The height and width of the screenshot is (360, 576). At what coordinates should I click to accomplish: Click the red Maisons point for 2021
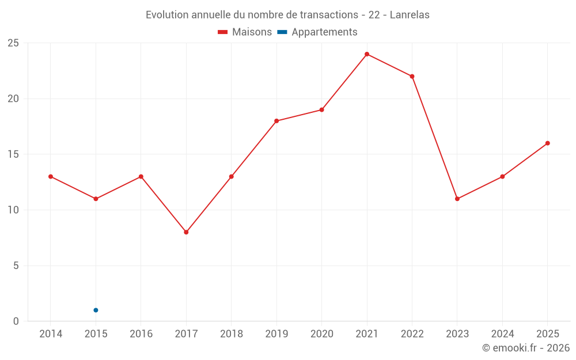pyautogui.click(x=366, y=54)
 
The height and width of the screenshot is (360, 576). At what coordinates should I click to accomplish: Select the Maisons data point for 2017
pyautogui.click(x=186, y=232)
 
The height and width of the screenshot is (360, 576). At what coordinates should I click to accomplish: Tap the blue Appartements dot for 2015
pyautogui.click(x=96, y=310)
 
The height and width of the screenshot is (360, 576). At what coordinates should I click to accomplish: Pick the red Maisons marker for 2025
pyautogui.click(x=547, y=143)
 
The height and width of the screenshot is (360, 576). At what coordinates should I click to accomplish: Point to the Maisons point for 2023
pyautogui.click(x=457, y=199)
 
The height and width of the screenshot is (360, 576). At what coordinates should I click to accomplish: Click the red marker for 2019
pyautogui.click(x=276, y=121)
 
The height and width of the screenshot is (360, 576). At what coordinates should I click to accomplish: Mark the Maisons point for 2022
pyautogui.click(x=412, y=77)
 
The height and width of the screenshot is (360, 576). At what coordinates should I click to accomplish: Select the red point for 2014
pyautogui.click(x=51, y=177)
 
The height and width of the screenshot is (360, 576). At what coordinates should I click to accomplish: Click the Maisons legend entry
pyautogui.click(x=245, y=32)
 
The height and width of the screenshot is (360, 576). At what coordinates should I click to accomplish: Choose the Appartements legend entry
pyautogui.click(x=317, y=32)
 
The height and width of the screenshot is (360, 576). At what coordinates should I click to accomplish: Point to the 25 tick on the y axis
pyautogui.click(x=13, y=43)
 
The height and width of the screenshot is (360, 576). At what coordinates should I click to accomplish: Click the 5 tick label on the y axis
pyautogui.click(x=16, y=266)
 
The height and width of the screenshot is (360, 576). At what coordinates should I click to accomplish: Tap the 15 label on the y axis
pyautogui.click(x=13, y=154)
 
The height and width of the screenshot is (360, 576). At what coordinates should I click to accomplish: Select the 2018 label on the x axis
pyautogui.click(x=232, y=334)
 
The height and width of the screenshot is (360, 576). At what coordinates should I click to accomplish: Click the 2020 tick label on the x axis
pyautogui.click(x=322, y=334)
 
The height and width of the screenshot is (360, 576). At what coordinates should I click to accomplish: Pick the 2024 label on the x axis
pyautogui.click(x=502, y=334)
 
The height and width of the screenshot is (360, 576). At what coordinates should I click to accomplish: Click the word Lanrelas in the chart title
pyautogui.click(x=410, y=15)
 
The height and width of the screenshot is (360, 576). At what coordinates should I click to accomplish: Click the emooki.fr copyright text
pyautogui.click(x=526, y=347)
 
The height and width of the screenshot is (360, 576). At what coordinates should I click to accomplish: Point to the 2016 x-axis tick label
pyautogui.click(x=141, y=334)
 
